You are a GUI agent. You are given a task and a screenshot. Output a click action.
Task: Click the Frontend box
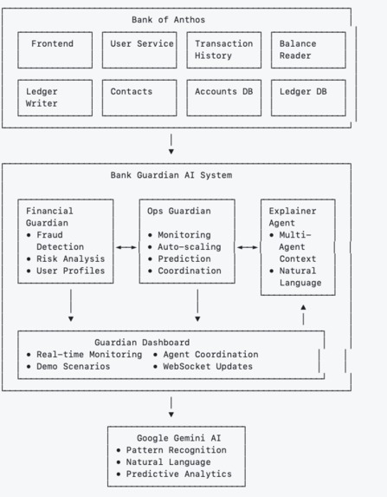point(55,50)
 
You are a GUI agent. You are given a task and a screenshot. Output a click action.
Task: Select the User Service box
point(139,50)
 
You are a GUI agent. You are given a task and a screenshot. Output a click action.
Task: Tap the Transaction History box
point(223,50)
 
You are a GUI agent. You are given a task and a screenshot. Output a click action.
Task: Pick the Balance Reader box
point(307,50)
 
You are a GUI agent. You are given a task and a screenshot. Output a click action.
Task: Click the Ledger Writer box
point(55,97)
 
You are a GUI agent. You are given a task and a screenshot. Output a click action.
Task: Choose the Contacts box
point(139,97)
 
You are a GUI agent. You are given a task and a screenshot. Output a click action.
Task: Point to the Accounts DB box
point(223,97)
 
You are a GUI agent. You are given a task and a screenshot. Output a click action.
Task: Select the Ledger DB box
point(307,97)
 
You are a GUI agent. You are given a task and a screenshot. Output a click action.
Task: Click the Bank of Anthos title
point(168,19)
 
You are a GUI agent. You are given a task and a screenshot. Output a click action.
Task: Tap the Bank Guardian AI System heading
point(171,174)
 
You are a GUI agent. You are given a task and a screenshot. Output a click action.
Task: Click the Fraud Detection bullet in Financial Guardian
point(55,240)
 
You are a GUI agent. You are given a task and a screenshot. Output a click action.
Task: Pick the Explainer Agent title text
point(292,217)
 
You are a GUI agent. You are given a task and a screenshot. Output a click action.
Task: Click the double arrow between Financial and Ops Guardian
point(126,247)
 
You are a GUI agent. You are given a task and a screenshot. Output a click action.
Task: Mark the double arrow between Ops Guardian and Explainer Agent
point(248,247)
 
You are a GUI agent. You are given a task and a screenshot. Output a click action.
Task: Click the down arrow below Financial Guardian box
point(71,304)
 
